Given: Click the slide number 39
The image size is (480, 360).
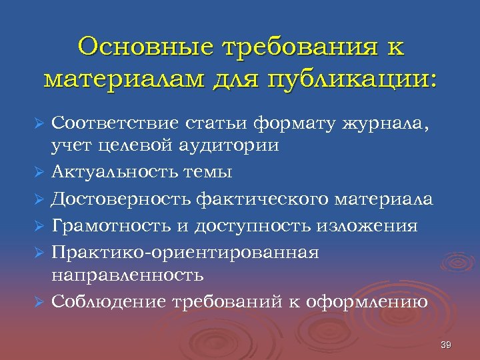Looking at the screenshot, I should click(x=446, y=344).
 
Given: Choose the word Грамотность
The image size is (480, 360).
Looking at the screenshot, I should click(x=113, y=226).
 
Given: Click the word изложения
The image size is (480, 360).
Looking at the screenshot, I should click(x=369, y=226).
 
